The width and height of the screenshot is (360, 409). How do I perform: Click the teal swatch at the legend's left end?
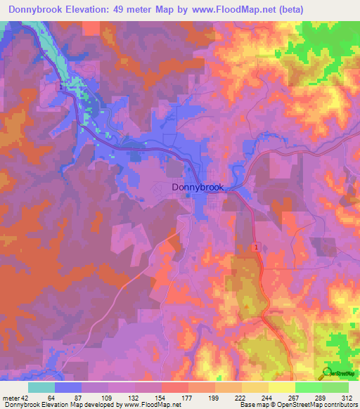(41, 387)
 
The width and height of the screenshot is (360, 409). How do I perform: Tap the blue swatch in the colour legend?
(68, 387)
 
